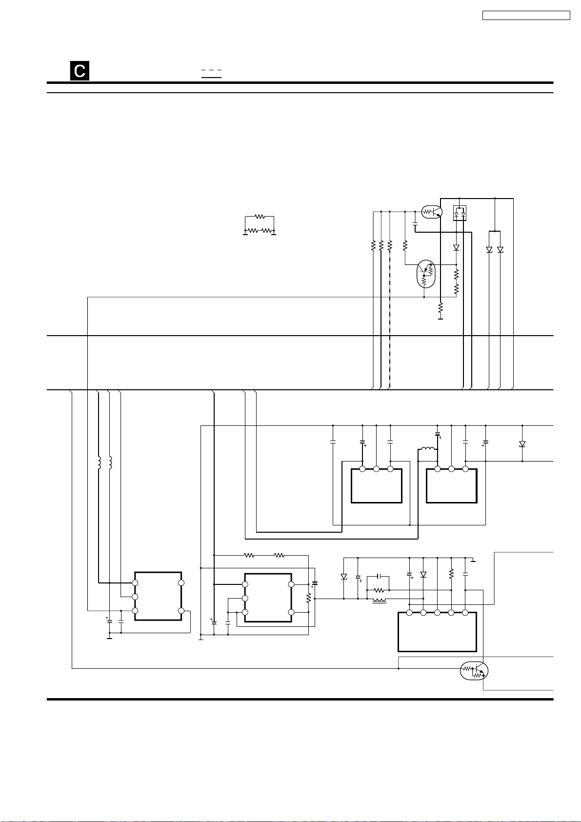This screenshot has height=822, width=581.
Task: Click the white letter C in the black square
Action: (x=79, y=71)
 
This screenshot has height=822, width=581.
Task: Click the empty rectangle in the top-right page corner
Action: (x=526, y=16)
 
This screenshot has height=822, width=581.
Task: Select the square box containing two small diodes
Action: (x=460, y=213)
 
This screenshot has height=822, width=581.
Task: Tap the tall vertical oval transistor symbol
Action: (x=425, y=274)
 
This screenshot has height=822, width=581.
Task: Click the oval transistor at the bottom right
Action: (x=474, y=671)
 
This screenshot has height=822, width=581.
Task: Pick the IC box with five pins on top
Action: (x=437, y=632)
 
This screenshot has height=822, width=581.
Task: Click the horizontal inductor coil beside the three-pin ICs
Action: (x=427, y=449)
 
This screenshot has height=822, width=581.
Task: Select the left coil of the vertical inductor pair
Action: (x=100, y=462)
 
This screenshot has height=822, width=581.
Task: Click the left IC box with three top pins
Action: (x=376, y=486)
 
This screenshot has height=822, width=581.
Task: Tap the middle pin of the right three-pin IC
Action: (x=451, y=469)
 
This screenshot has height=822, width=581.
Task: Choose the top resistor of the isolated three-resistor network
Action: (x=260, y=216)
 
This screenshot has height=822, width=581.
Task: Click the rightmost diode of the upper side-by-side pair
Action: (x=500, y=250)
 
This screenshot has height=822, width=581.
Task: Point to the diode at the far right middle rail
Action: (x=522, y=444)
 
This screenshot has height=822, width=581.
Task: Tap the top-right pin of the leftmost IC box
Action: (x=181, y=582)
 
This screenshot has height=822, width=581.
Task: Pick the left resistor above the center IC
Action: (x=249, y=555)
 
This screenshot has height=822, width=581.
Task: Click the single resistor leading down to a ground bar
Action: (x=440, y=308)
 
